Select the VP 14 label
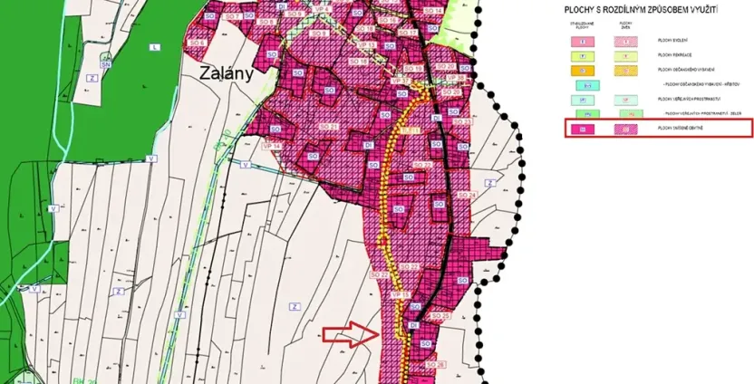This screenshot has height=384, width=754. pyautogui.click(x=272, y=145)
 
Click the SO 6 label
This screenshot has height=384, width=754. pyautogui.click(x=197, y=43)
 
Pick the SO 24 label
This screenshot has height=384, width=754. pyautogui.click(x=467, y=195)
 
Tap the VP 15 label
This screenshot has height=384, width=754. pyautogui.click(x=400, y=295)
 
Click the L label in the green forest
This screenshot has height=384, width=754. pyautogui.click(x=155, y=46)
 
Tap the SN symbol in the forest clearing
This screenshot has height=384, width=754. pyautogui.click(x=106, y=64)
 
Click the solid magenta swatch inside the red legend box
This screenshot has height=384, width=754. pyautogui.click(x=585, y=129)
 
